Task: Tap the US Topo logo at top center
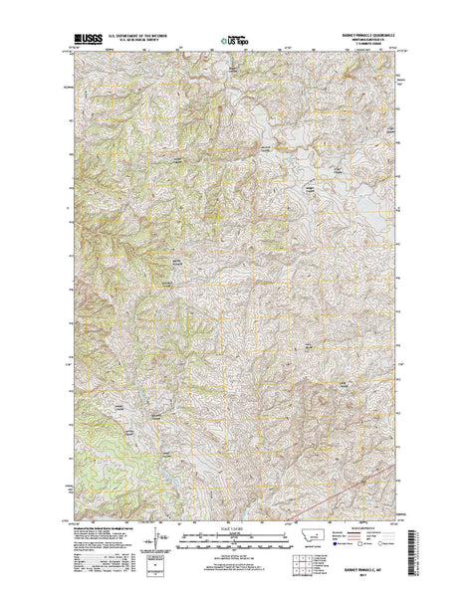[x=234, y=43]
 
